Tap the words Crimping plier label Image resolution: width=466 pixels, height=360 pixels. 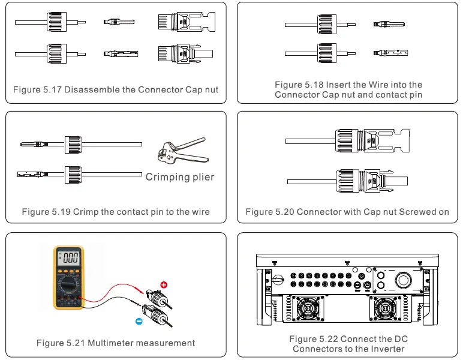point(179,177)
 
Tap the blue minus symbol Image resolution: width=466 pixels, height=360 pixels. point(139,321)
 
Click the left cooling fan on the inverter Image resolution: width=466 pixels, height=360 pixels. point(310,310)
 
